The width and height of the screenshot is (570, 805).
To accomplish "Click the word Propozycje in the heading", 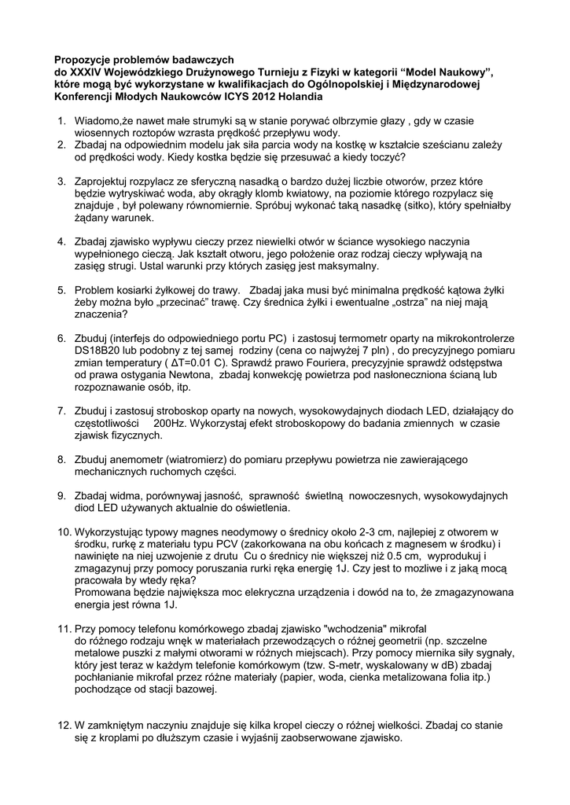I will (83, 59).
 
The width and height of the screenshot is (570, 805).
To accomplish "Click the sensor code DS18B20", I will (98, 351).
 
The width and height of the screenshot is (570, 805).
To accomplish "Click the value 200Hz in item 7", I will (171, 424).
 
